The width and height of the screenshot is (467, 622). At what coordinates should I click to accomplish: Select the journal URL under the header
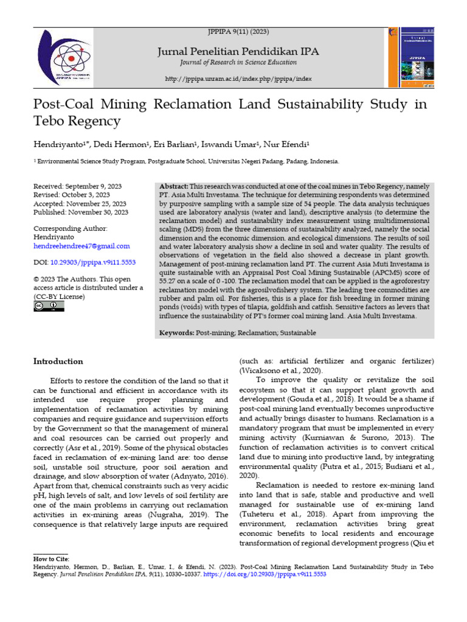(x=238, y=79)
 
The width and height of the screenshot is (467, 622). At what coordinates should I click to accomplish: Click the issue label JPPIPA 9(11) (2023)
(x=238, y=32)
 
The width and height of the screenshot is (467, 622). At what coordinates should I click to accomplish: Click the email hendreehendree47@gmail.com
(x=81, y=246)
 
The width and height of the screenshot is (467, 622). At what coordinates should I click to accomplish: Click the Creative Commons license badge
(x=48, y=306)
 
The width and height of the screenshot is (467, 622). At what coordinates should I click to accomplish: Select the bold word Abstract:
(x=173, y=186)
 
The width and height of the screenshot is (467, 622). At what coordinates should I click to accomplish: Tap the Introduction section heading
(x=58, y=361)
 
